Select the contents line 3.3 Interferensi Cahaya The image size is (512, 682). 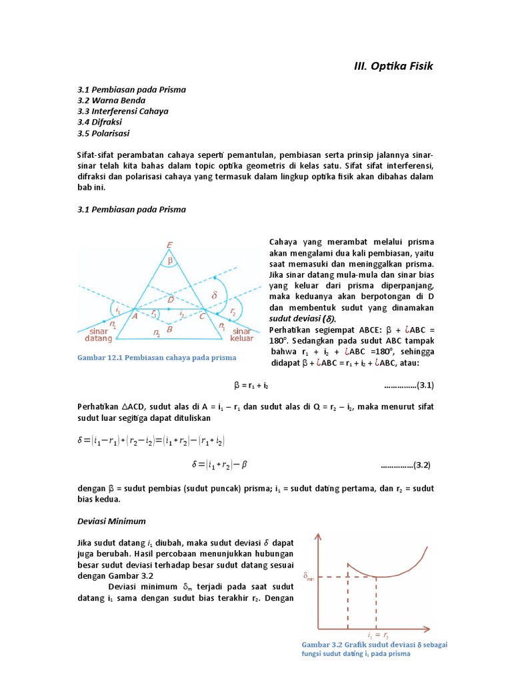coord(123,111)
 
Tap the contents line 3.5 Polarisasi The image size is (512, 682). coord(105,133)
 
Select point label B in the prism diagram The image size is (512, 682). coord(171,328)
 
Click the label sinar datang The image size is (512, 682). coord(97,335)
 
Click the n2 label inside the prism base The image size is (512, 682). coord(156,332)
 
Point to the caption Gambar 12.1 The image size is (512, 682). coord(157,358)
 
